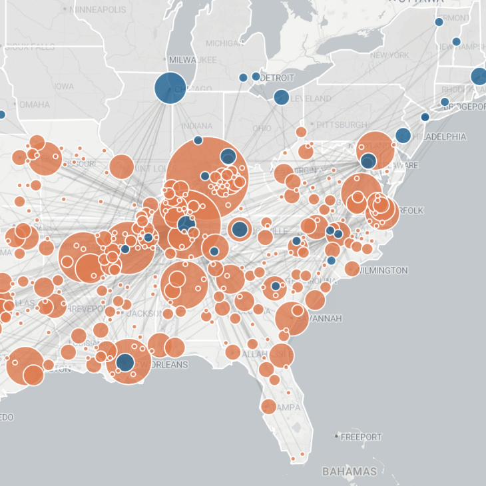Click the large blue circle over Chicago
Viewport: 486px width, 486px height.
(x=170, y=88)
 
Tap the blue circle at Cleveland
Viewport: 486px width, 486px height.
(x=282, y=97)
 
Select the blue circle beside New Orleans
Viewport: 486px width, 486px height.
(x=125, y=363)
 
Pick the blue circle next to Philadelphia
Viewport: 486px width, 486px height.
(x=403, y=136)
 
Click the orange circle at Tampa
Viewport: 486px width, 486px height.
(x=269, y=406)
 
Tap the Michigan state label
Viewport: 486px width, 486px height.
(x=225, y=43)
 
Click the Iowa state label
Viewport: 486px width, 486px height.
(x=64, y=87)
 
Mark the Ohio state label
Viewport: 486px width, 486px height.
(x=261, y=128)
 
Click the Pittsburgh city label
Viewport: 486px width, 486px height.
(x=342, y=124)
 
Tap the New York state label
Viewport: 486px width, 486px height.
(x=389, y=55)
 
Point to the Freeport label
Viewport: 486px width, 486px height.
(x=362, y=437)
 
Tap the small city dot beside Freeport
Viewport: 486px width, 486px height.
(x=338, y=437)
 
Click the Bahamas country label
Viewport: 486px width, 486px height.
(x=349, y=471)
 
